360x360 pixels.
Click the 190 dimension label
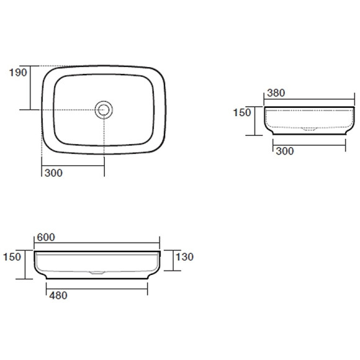(x=18, y=73)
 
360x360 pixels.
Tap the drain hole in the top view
(x=104, y=110)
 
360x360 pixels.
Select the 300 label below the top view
(x=53, y=173)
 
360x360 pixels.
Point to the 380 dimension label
(x=276, y=92)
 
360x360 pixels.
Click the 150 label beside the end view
(x=242, y=112)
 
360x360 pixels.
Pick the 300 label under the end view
(x=285, y=151)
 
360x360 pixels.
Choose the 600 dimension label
(x=46, y=237)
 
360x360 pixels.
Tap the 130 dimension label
(x=184, y=257)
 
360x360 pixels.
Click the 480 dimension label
(x=58, y=295)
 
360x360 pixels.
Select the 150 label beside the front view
(x=12, y=257)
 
